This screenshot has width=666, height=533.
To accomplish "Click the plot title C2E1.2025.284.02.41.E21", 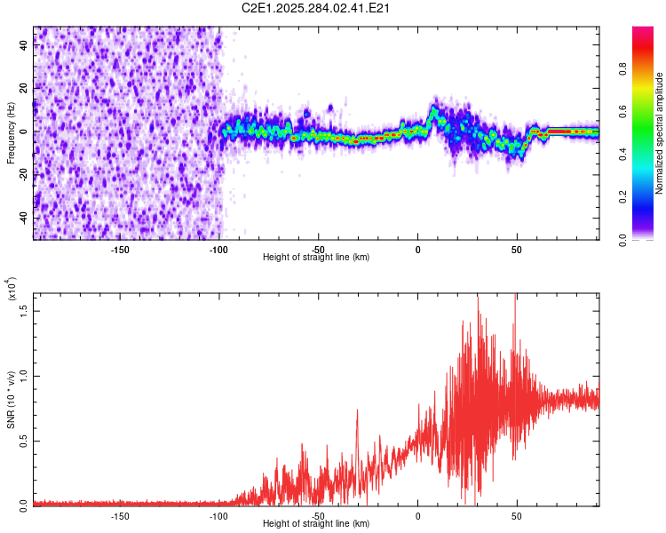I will [317, 9].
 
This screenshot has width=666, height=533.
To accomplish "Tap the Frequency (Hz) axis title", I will [11, 132].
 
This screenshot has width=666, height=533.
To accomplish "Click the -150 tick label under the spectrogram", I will [121, 249].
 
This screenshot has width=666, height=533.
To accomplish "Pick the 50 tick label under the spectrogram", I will [517, 249].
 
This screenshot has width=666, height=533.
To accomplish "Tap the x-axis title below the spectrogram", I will [317, 258].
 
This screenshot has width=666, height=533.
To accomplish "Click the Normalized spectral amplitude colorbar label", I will [660, 133].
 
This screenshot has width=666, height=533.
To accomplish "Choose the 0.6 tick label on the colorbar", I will [646, 111].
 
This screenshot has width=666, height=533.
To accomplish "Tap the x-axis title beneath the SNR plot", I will [317, 524].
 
